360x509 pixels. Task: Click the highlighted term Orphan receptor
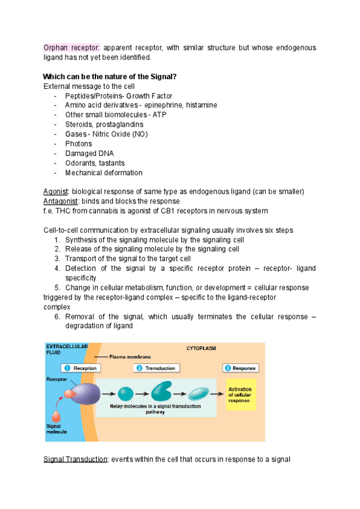[x=71, y=47]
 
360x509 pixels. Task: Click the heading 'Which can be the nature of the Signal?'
[x=110, y=76]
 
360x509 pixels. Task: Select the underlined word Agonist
[x=55, y=191]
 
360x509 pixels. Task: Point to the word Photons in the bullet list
[x=79, y=144]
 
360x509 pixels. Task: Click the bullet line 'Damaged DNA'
[x=89, y=154]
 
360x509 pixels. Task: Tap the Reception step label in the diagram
[x=80, y=368]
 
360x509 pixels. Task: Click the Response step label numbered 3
[x=240, y=368]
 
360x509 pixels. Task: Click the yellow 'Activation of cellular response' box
[x=241, y=394]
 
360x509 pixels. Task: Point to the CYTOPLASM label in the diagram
[x=201, y=348]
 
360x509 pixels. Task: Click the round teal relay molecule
[x=125, y=394]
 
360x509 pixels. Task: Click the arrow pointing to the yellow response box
[x=217, y=394]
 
